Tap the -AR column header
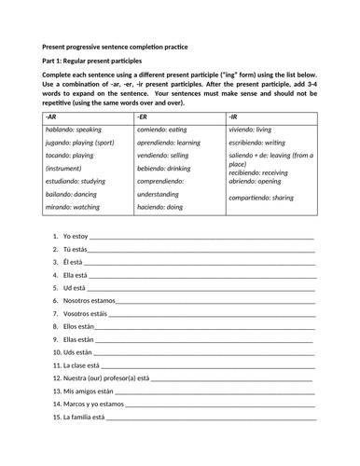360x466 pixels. (x=51, y=116)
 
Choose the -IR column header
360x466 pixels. (x=232, y=116)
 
